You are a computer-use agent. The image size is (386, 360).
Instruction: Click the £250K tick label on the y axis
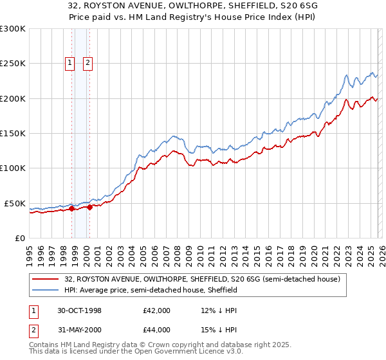click(x=13, y=64)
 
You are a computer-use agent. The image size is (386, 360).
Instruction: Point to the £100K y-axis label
click(x=13, y=168)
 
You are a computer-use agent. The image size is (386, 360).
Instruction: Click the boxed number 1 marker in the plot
click(x=69, y=63)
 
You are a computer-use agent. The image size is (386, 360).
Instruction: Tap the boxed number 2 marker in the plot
click(x=87, y=63)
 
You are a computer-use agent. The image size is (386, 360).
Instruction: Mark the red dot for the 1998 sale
click(x=72, y=208)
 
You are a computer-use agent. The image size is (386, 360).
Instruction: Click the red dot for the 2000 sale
click(x=90, y=207)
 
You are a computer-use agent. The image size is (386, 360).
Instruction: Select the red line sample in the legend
click(x=46, y=279)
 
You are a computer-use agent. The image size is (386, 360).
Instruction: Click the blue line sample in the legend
click(x=46, y=290)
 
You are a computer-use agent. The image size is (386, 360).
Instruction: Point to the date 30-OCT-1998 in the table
click(x=78, y=310)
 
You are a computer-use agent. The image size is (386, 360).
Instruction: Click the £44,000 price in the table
click(x=157, y=330)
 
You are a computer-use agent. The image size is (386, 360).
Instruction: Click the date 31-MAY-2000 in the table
click(x=78, y=330)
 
